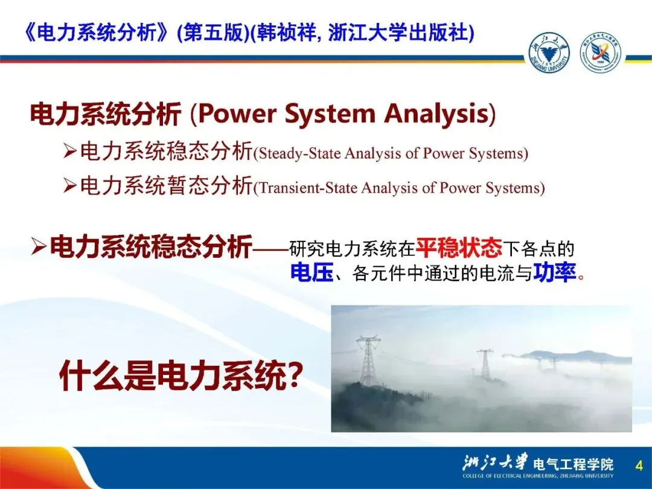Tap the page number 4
tap(639, 465)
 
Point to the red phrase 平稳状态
tap(459, 248)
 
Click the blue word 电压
tap(312, 273)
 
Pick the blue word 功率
tap(554, 273)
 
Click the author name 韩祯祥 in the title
tap(287, 33)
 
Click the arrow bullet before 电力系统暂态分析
tap(69, 185)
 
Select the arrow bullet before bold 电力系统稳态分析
tap(39, 248)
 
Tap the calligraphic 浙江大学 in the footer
tap(494, 462)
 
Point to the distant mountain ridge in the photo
tap(574, 356)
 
